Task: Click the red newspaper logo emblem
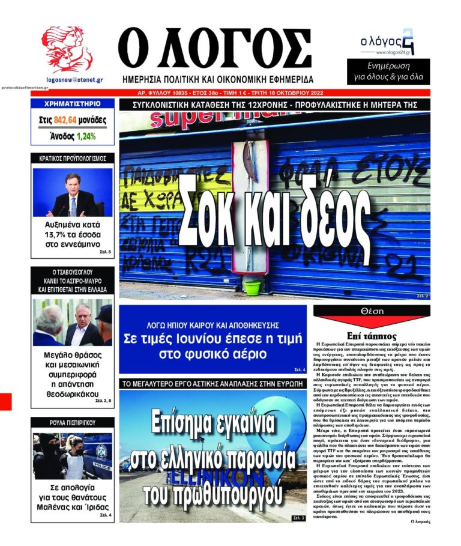[67, 50]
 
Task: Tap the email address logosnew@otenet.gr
[74, 79]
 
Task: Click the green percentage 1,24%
[86, 136]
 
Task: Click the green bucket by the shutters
[253, 287]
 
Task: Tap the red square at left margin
[5, 401]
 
